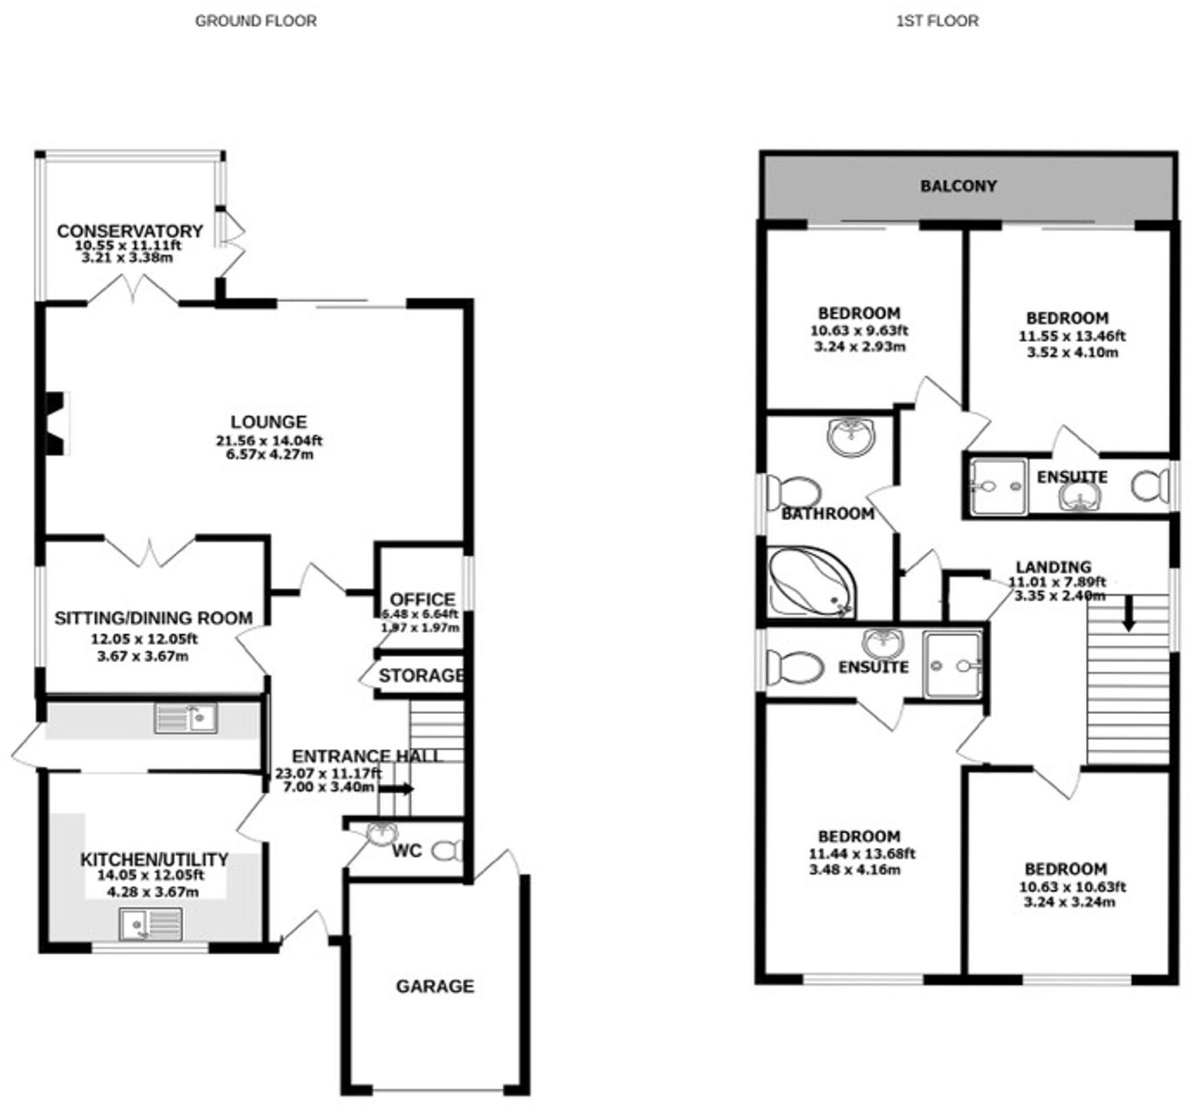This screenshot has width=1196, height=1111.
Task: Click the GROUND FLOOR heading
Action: pos(256,21)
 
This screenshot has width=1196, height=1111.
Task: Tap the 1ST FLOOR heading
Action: pos(937,21)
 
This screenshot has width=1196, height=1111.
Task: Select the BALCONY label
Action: pos(958,186)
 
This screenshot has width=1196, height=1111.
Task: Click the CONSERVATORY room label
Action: pos(129,231)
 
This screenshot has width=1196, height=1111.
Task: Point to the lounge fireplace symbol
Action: pos(55,424)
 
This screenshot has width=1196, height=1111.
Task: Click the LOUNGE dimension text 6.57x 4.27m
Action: pos(269,454)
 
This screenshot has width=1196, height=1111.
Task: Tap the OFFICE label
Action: pos(422,599)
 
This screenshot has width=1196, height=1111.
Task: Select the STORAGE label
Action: pos(421,675)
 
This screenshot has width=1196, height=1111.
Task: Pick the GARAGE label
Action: pos(435,986)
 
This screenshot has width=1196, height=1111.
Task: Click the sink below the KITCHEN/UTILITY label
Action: pos(150,924)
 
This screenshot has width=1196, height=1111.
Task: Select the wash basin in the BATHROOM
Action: pos(851,437)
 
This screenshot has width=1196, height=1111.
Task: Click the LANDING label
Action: pos(1053,567)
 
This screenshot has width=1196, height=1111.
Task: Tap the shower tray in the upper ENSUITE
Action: pos(998,487)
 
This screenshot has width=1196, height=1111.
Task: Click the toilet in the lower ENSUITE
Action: pos(794,667)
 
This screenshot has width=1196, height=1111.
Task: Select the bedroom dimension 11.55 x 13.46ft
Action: pos(1072,336)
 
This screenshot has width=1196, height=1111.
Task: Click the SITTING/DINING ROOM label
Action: pos(153,618)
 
